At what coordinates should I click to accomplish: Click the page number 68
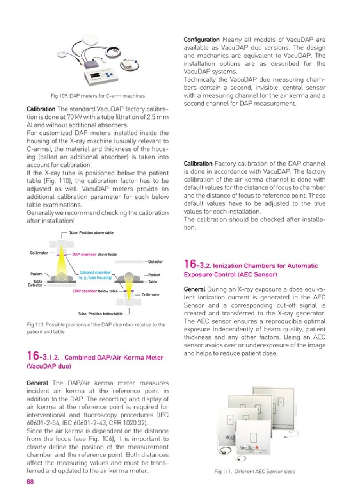(31, 482)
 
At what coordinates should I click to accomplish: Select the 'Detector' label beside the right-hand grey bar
(155, 262)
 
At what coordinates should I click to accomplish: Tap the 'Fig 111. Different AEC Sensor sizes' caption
(254, 472)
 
